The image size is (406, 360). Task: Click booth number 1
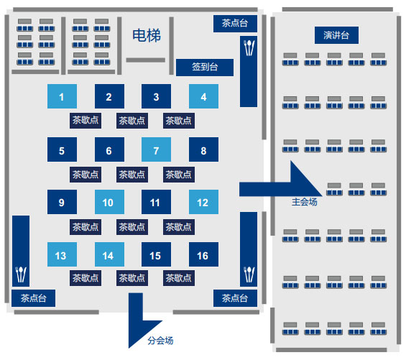tap(62, 96)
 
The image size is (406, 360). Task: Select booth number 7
tap(156, 149)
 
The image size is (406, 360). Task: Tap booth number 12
tap(203, 202)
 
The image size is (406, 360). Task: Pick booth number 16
tap(203, 254)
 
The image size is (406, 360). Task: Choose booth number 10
tap(109, 202)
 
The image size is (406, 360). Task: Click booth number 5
tap(62, 149)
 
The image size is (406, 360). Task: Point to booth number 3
tap(156, 96)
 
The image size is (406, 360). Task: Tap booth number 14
tap(109, 254)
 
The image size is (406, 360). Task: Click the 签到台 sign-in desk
tap(205, 68)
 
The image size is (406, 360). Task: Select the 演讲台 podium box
tap(336, 35)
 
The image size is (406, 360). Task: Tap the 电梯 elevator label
tap(147, 35)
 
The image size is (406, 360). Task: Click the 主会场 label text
tap(305, 202)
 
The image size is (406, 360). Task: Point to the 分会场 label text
tap(160, 341)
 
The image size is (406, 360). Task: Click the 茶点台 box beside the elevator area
tap(235, 24)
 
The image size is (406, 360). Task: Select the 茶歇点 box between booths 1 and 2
tap(86, 121)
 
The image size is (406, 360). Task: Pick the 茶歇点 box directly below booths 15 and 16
tap(179, 278)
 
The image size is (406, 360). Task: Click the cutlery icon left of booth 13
tap(21, 274)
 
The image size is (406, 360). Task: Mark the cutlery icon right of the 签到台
tap(249, 47)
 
